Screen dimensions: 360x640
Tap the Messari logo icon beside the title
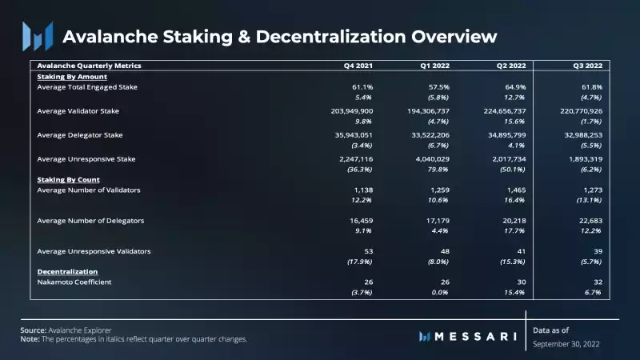37,36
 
